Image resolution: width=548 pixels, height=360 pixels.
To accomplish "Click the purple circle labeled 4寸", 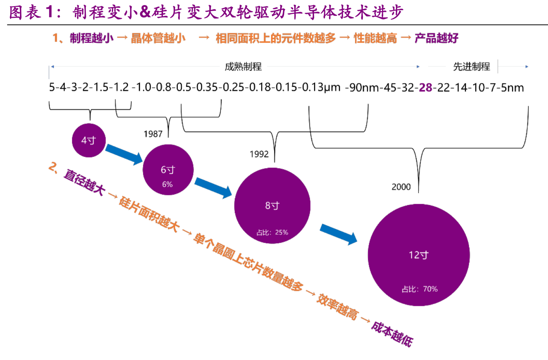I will [89, 140].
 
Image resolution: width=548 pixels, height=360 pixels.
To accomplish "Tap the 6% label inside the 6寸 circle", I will [167, 184].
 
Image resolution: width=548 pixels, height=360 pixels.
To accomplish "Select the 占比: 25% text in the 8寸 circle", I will [272, 232].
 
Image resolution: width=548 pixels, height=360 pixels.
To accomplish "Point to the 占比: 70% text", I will [419, 289].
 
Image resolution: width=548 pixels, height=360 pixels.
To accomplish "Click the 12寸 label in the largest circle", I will [419, 255].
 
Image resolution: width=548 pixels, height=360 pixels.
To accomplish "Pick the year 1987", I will [153, 134].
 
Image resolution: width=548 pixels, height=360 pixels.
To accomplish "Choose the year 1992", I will [259, 154].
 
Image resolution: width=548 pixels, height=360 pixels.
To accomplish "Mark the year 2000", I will [401, 187].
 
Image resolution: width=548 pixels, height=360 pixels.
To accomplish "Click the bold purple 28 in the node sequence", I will [425, 87].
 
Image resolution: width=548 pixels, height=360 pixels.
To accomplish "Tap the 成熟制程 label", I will [243, 67].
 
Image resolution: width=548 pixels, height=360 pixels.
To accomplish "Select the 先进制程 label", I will [472, 67].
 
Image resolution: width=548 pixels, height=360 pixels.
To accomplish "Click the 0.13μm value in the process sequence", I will [321, 87].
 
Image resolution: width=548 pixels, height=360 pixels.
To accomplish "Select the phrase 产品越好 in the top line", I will [436, 38].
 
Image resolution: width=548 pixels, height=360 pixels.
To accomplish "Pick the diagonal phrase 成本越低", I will [392, 334].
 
